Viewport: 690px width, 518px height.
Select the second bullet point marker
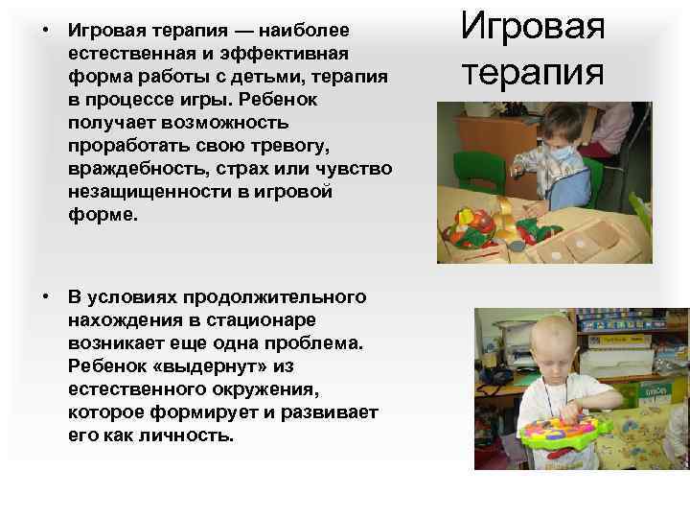point(45,297)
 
